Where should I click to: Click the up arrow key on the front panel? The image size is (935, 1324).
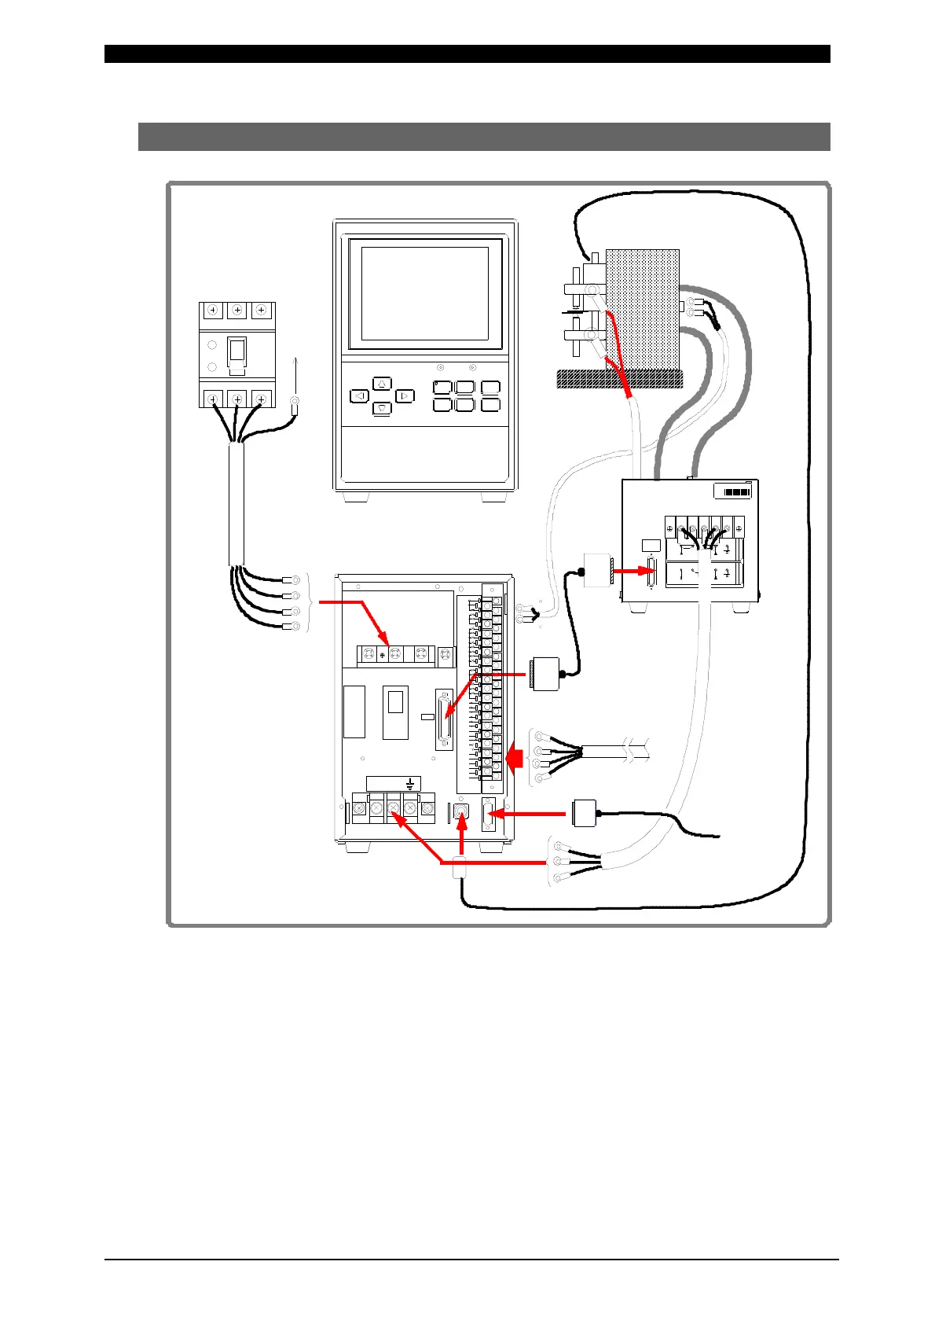coord(381,384)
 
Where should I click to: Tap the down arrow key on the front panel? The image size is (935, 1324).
coord(381,407)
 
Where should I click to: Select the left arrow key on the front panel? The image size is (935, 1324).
coord(359,395)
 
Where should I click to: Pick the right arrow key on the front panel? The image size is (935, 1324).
coord(404,395)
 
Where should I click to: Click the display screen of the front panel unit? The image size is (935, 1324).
coord(425,292)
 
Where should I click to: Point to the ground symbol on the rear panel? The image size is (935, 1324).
coord(410,783)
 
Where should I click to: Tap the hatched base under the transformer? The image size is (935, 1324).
coord(618,379)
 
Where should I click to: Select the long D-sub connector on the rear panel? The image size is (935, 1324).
coord(445,720)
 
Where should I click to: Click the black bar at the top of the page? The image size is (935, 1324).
coord(467,53)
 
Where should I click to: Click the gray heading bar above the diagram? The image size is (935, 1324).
coord(484,136)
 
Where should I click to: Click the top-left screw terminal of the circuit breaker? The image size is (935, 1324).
coord(214,311)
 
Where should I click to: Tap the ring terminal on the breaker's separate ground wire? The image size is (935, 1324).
coord(295,406)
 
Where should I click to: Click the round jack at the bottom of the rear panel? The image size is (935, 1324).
coord(461,810)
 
